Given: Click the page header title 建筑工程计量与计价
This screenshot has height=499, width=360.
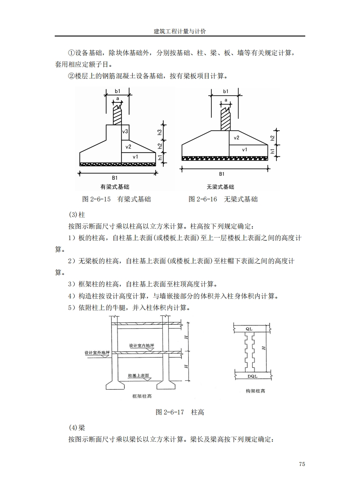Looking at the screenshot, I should pos(180,31).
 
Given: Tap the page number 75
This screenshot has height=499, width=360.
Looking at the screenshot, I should pos(302,464).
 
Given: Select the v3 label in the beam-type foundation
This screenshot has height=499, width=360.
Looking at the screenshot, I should pos(125,132).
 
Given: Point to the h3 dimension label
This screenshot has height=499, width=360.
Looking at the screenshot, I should pos(159,132).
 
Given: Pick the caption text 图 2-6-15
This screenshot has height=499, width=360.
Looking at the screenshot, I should pos(96,199).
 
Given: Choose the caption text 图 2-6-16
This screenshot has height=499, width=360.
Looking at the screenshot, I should pos(203,199).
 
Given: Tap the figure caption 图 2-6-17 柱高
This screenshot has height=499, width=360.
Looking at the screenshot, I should pos(180,412).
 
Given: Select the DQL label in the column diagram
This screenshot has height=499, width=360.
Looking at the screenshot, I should pos(252,376).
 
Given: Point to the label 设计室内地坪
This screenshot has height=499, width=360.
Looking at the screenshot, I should pos(142,346).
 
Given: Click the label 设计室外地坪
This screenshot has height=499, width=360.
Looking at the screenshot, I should pos(97,353).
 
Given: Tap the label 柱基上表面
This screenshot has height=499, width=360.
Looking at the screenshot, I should pos(138,376).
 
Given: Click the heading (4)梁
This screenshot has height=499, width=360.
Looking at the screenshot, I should pos(77,428).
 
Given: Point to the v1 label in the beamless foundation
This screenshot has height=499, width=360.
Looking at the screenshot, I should pos(244,150).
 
